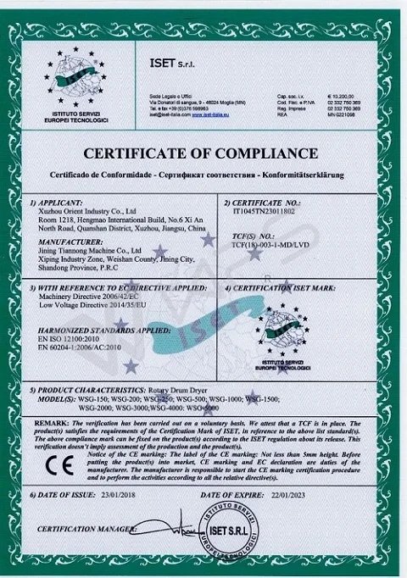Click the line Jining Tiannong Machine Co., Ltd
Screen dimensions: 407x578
coord(88,250)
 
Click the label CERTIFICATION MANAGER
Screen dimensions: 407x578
coord(83,530)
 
